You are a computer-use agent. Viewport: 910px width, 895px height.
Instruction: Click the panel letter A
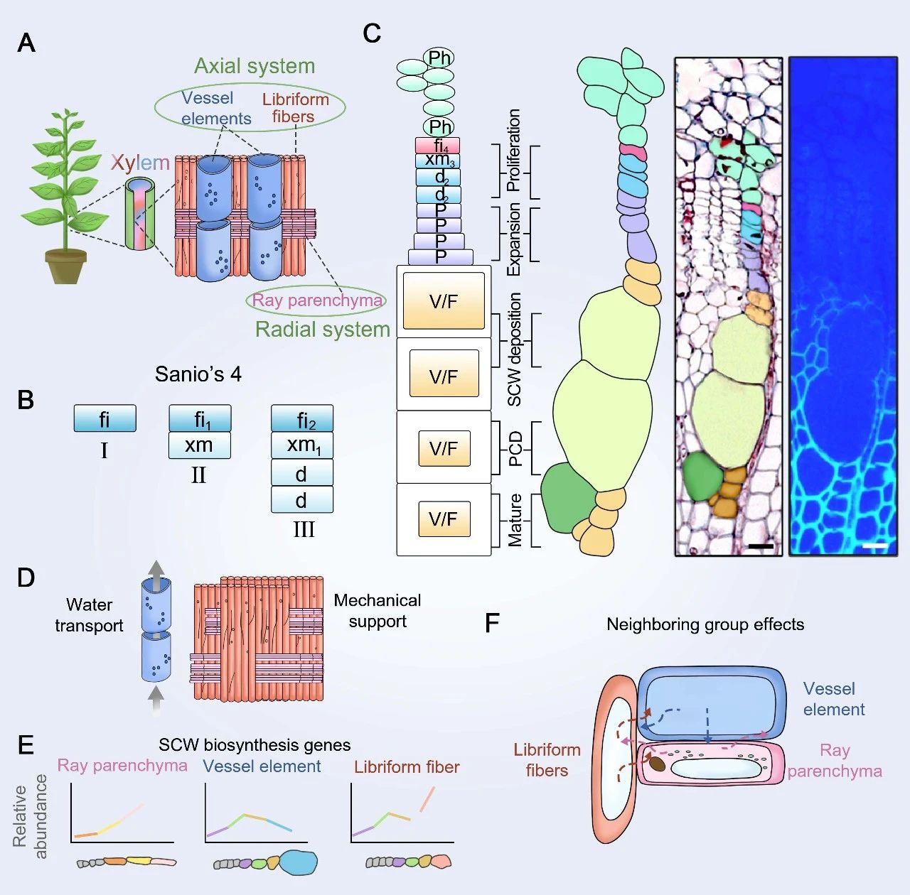26,43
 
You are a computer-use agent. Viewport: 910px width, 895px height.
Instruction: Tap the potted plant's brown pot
66,267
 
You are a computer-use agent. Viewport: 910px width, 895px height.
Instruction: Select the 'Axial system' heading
255,66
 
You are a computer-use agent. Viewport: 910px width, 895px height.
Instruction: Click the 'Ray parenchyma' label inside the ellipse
317,300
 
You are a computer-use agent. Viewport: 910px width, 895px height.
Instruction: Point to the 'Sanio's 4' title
198,374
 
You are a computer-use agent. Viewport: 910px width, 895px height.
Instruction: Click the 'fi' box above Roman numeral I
105,419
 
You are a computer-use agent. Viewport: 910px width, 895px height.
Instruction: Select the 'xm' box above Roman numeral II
199,445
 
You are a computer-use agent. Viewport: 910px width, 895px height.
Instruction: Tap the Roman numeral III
304,530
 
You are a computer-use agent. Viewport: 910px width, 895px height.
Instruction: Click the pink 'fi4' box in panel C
438,146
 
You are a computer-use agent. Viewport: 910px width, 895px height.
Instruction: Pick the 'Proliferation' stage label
513,150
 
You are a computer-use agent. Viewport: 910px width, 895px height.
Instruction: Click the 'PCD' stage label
515,449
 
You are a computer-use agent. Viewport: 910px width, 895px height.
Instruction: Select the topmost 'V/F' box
444,301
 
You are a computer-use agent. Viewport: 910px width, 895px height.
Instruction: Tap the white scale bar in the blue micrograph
877,546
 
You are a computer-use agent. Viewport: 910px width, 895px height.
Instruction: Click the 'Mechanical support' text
377,611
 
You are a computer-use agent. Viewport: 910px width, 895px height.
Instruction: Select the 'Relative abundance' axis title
30,817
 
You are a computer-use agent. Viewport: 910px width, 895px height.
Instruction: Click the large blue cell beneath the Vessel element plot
298,862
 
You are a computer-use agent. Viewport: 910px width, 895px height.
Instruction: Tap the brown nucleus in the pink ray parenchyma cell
658,764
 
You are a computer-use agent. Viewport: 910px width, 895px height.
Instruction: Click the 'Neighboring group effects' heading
705,624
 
